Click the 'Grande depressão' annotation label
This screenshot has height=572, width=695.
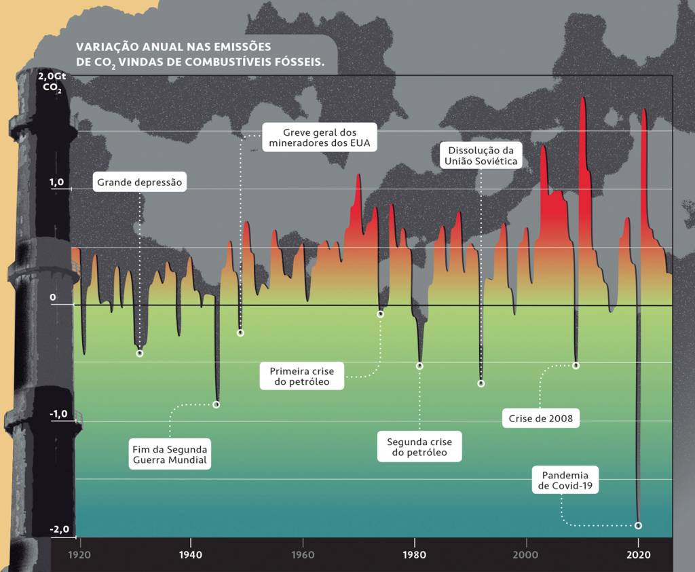(x=140, y=183)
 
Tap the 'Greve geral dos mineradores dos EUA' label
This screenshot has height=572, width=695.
(x=320, y=137)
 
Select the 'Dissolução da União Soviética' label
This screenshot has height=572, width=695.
(x=481, y=155)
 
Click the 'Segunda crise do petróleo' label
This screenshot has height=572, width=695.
(x=419, y=446)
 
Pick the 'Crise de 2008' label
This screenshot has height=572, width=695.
(x=540, y=419)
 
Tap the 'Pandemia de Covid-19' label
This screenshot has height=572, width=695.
(x=565, y=480)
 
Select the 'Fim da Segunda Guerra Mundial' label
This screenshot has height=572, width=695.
(x=170, y=455)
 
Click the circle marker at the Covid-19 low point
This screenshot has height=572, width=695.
(x=638, y=525)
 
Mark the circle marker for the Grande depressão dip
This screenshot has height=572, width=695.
(x=140, y=353)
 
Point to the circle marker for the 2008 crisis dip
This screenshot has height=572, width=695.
(x=576, y=365)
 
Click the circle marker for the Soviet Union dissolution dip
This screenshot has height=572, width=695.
(x=481, y=383)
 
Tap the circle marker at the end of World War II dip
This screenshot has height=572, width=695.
(x=217, y=404)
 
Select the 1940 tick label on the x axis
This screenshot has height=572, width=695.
(x=191, y=554)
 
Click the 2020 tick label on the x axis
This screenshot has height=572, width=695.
(x=638, y=554)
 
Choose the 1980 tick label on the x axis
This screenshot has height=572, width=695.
(x=415, y=554)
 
